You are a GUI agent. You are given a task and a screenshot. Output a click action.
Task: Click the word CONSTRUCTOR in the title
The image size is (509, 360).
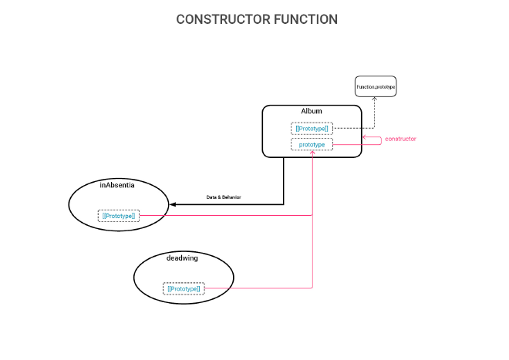click(222, 19)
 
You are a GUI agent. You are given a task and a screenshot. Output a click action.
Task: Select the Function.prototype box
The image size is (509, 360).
click(376, 87)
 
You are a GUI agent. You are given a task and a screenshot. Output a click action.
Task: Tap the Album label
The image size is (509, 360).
click(312, 112)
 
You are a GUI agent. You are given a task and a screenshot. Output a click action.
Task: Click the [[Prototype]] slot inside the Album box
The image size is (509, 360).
click(312, 128)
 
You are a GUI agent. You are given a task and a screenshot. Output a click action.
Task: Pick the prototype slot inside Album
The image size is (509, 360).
click(312, 144)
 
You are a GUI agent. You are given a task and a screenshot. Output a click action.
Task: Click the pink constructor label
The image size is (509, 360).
click(400, 139)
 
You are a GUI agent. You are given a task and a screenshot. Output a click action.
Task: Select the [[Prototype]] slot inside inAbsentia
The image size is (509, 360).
click(119, 216)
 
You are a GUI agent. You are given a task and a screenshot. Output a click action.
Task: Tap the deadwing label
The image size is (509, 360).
click(182, 258)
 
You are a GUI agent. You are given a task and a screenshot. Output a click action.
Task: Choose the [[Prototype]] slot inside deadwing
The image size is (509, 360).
click(184, 288)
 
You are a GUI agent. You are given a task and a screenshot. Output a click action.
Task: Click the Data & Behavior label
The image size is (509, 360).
click(224, 197)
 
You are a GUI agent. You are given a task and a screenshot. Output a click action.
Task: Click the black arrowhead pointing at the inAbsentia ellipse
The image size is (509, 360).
click(174, 204)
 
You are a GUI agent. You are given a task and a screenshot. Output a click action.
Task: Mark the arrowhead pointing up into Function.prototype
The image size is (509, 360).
click(375, 100)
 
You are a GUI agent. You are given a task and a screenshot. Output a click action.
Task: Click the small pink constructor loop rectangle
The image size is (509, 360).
click(372, 140)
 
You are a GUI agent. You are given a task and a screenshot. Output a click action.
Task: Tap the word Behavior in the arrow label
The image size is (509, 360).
click(231, 197)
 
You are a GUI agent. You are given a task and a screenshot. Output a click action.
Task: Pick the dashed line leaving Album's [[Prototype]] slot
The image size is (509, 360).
click(353, 128)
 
